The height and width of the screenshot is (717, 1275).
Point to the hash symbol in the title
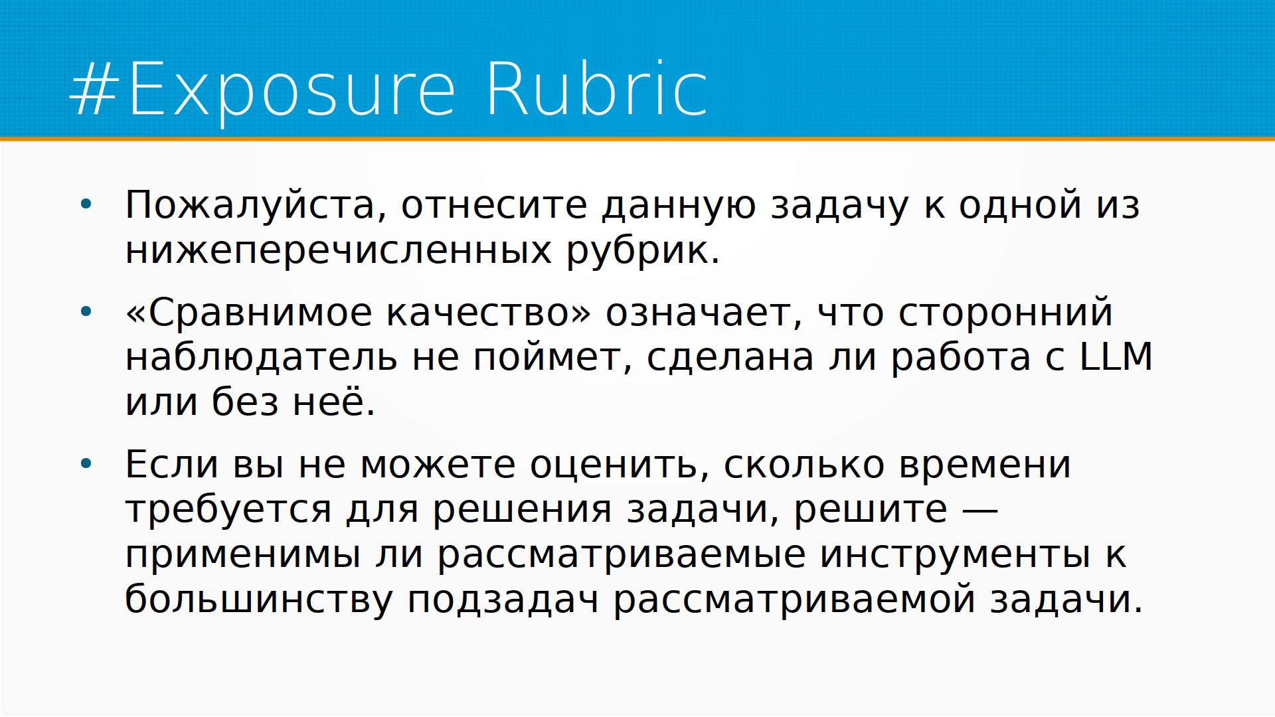coord(95,90)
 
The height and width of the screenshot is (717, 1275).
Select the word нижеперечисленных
coord(339,250)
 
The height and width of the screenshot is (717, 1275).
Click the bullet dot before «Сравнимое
coord(86,311)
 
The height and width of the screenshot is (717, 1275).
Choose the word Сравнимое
coord(260,313)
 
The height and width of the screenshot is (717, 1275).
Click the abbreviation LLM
coord(1116,357)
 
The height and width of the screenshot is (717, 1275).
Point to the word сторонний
coord(1005,312)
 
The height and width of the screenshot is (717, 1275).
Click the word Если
coord(171,464)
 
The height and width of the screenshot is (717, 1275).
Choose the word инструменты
coord(955,556)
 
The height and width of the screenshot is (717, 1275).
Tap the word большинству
coord(259,599)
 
